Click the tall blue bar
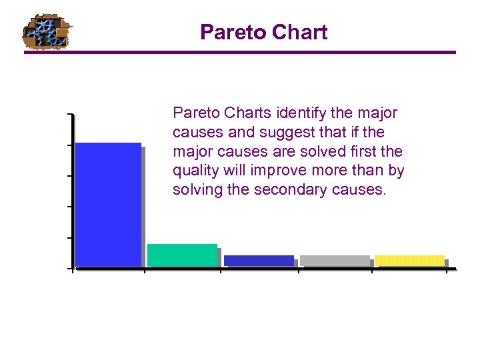point(108,205)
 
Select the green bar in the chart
point(182,255)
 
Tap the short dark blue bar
point(259,261)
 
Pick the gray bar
point(335,261)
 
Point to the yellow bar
point(409,261)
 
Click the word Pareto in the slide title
point(227,32)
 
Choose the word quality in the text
point(194,171)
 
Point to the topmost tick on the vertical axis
point(71,115)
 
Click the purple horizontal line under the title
point(240,52)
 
